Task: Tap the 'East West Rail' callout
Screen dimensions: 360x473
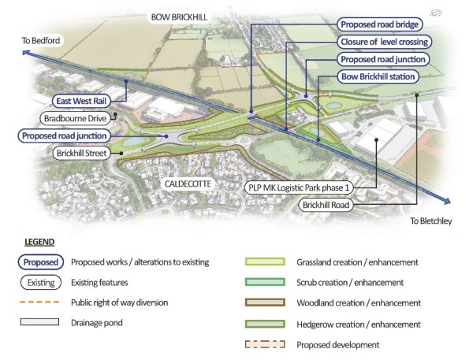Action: [80, 101]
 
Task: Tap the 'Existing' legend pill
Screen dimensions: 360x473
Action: [39, 281]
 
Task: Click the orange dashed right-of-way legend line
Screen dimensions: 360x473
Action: [39, 302]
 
